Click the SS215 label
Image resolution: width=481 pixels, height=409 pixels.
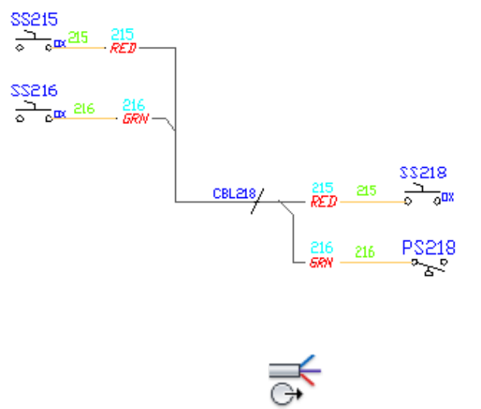coord(33,20)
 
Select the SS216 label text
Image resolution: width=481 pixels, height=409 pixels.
coord(33,91)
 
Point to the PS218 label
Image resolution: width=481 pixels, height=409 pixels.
coord(428,248)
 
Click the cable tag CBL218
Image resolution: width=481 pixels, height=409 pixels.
coord(234,194)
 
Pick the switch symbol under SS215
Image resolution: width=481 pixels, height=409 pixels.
coord(34,43)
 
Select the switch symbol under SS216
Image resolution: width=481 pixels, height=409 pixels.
coord(34,114)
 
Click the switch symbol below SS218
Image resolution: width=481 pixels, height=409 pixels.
coord(423,197)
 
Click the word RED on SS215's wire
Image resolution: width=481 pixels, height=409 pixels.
coord(122,48)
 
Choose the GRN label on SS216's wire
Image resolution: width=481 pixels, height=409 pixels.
coord(135,119)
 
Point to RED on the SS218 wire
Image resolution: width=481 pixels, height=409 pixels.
coord(323,202)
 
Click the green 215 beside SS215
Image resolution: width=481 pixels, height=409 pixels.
coord(78,36)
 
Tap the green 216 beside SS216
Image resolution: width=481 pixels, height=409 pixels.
coord(84,109)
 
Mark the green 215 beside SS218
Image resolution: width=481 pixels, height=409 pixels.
coord(366,191)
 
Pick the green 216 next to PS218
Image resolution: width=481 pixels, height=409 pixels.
coord(365,253)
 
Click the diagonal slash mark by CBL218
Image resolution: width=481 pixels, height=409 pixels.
coord(257,200)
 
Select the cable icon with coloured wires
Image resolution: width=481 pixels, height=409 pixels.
coord(294,370)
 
